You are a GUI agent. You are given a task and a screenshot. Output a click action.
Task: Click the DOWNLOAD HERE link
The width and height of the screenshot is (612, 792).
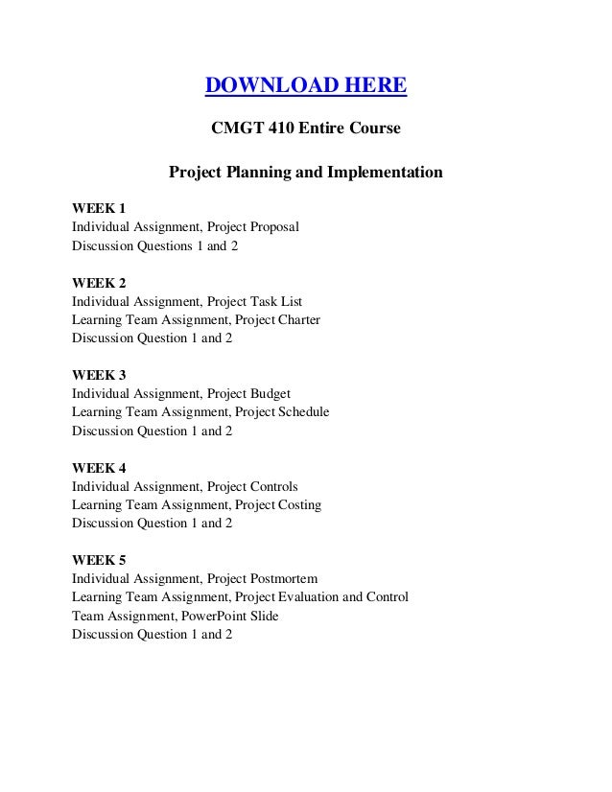pos(306,88)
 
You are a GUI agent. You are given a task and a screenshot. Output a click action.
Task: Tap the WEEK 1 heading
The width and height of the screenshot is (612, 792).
pos(99,208)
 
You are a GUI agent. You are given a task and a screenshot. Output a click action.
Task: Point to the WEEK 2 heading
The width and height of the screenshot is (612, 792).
pos(99,283)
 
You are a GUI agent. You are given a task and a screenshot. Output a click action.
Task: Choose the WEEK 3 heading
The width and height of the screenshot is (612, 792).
pos(99,375)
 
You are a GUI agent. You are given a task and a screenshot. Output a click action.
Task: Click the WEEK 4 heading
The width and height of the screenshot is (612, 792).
pos(99,468)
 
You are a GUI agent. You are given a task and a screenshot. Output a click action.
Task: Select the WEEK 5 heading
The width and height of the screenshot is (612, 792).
pos(99,560)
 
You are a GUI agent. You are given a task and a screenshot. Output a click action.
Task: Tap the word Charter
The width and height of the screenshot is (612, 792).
pos(298,320)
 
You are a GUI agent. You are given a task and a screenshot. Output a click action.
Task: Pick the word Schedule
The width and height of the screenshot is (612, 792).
pos(302,412)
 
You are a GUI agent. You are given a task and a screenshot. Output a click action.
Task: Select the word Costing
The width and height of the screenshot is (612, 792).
pos(298,504)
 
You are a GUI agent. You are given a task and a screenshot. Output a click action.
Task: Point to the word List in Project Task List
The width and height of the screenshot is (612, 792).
pos(291,301)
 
